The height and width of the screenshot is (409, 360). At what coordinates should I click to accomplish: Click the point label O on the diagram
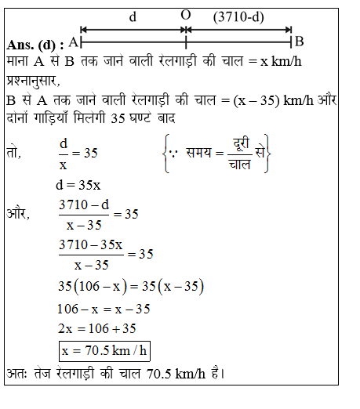click(185, 15)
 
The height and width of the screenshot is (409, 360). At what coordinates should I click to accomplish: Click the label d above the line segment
click(132, 16)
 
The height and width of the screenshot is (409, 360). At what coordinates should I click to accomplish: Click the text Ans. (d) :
click(34, 42)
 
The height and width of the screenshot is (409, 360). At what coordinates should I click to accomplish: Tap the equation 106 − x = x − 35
click(104, 308)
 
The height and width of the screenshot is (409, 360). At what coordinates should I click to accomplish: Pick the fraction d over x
click(65, 153)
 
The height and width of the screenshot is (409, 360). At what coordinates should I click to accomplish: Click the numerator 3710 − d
click(85, 205)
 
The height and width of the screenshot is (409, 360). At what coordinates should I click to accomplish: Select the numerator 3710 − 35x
click(91, 245)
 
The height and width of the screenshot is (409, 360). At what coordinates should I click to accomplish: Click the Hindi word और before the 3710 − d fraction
click(17, 213)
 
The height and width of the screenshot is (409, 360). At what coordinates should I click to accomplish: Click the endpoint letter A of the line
click(73, 41)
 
